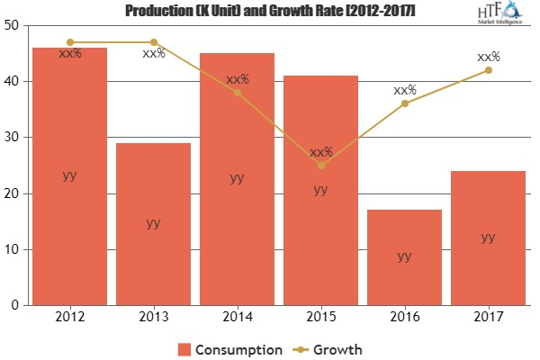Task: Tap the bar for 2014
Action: coord(237,179)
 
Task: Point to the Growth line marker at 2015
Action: coord(320,166)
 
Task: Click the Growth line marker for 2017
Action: coord(488,70)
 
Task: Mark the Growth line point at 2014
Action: coord(237,93)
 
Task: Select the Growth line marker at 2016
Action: coord(404,103)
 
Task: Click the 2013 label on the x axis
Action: coord(153,317)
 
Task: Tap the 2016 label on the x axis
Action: coord(404,317)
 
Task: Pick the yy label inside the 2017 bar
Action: coord(488,238)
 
